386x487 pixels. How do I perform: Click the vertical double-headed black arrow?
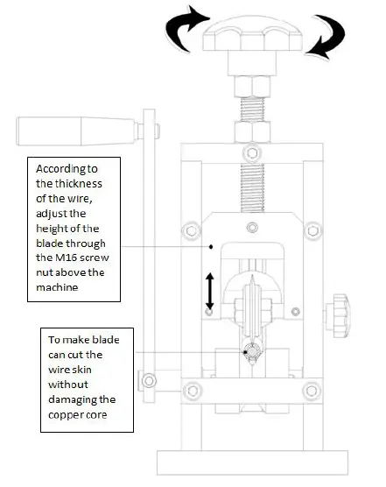(x=209, y=288)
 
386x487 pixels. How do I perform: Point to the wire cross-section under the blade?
(x=251, y=353)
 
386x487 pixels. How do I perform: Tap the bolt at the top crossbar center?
(x=252, y=152)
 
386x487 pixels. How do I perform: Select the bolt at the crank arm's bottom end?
(x=150, y=380)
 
